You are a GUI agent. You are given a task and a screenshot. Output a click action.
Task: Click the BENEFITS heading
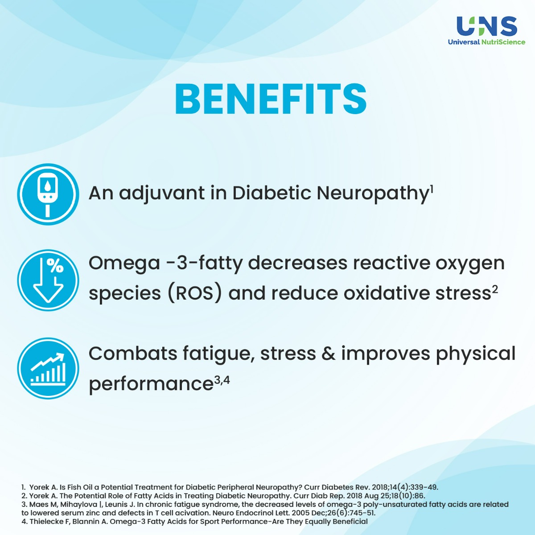coord(271,99)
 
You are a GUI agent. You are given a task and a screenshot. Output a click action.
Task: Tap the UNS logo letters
coord(487,26)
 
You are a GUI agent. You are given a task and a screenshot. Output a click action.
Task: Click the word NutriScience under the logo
coord(503,42)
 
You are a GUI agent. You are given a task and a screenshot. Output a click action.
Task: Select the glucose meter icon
coord(48,194)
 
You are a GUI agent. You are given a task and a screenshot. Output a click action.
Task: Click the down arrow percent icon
coord(48,280)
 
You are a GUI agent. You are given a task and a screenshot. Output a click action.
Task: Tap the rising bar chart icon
coord(48,368)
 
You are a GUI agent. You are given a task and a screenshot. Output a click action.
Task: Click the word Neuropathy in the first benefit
coord(373,194)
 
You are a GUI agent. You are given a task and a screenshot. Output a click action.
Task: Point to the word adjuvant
coord(161,194)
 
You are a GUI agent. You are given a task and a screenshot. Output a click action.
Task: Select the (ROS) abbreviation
coord(195,293)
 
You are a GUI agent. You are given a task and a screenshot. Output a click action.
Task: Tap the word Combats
coord(133,354)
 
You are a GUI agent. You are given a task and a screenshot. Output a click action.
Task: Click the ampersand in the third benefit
coord(329,354)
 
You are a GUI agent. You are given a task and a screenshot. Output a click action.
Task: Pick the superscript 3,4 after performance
coord(222,380)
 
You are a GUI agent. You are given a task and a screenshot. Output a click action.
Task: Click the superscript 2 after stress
coord(495,290)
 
